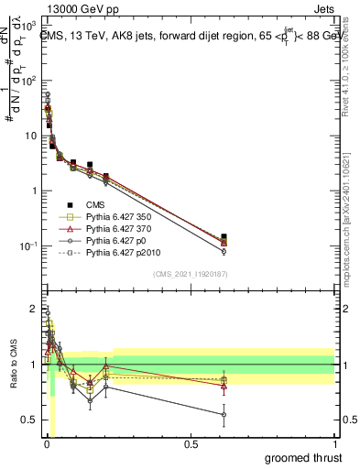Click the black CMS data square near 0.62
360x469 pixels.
tap(224, 237)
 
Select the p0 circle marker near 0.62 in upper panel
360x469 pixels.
tap(224, 251)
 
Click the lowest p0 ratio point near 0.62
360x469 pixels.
tap(224, 414)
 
